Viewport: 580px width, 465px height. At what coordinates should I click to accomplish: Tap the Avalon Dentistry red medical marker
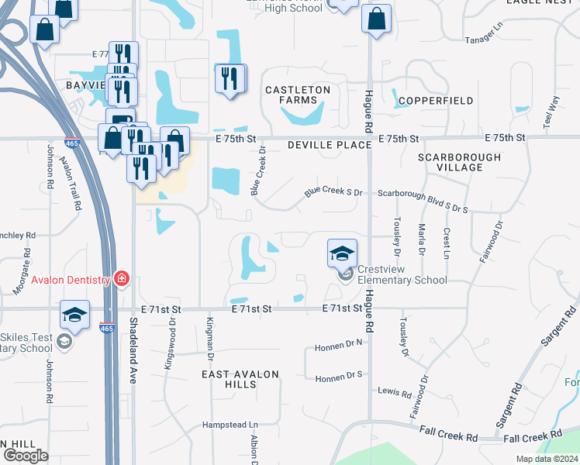click(x=120, y=278)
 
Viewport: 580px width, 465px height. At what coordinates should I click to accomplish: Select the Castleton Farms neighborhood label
click(x=298, y=95)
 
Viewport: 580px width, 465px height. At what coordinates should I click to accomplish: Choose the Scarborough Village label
click(x=459, y=162)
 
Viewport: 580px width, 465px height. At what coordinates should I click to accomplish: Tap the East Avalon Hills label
click(x=240, y=379)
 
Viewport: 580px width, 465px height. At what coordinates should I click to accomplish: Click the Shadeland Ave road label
click(x=133, y=352)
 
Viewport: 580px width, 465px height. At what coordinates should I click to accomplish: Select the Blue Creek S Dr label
click(x=333, y=190)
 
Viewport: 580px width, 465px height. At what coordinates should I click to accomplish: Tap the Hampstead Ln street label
click(x=230, y=425)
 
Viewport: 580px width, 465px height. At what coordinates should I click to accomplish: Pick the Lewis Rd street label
click(x=388, y=392)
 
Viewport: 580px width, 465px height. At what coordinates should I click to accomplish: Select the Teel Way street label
click(x=551, y=111)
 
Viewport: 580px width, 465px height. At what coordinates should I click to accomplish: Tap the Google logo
click(x=26, y=455)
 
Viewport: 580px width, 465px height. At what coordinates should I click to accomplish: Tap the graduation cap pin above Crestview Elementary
click(x=342, y=253)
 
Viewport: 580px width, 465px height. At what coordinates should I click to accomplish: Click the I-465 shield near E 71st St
click(x=107, y=329)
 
